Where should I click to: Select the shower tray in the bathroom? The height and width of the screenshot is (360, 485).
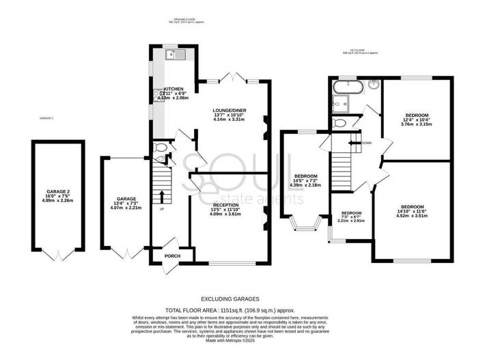(339, 103)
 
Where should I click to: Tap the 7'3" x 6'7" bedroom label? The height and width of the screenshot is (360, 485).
(351, 217)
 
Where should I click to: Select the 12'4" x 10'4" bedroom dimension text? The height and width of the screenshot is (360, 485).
(416, 120)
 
